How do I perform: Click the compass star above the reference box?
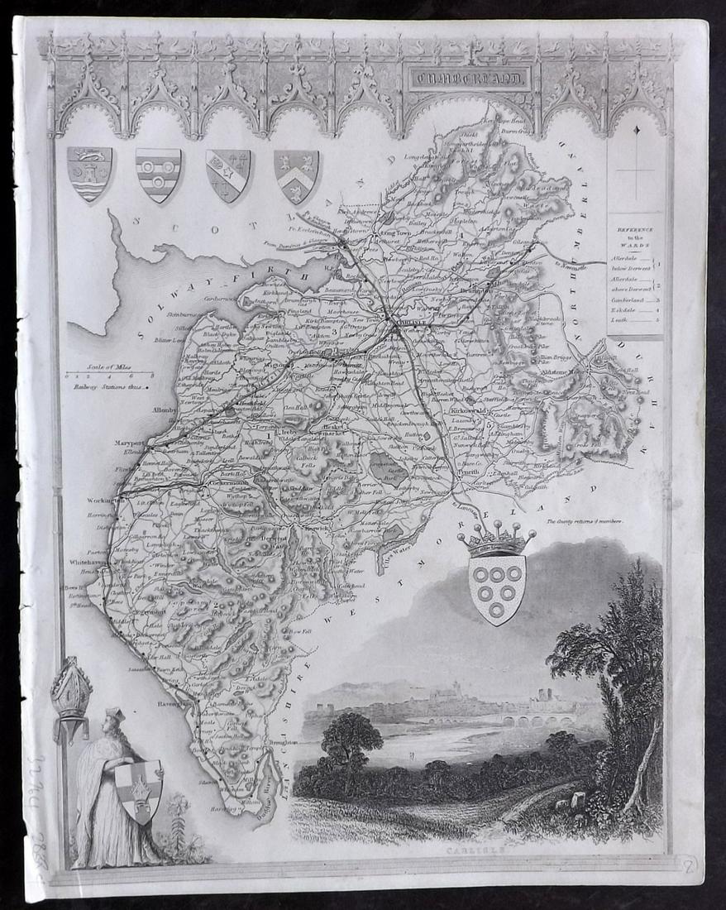[x=634, y=131]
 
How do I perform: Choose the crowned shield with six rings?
[x=496, y=579]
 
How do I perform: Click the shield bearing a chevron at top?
[x=296, y=175]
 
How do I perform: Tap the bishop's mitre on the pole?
[x=70, y=688]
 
